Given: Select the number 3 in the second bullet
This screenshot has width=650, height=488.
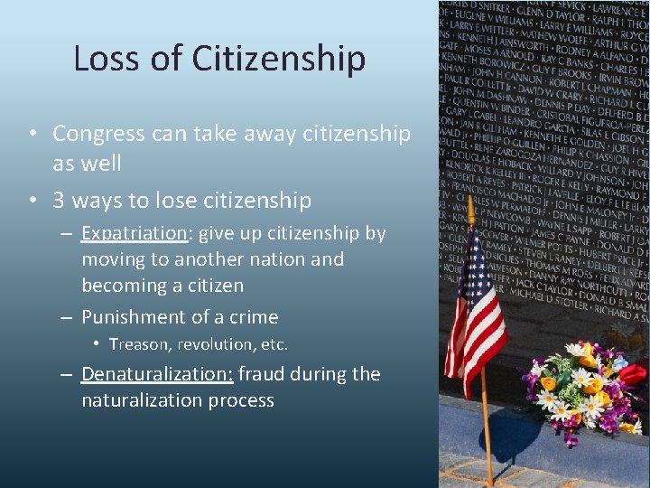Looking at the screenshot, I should coord(59,200).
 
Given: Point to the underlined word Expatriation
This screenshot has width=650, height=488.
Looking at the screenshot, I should coord(134,233).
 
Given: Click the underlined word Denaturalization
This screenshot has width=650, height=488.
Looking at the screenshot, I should coord(157,374).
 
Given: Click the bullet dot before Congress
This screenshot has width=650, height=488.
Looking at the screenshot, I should coord(32,135).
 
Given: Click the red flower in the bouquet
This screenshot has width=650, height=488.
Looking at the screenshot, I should coord(632,373).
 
